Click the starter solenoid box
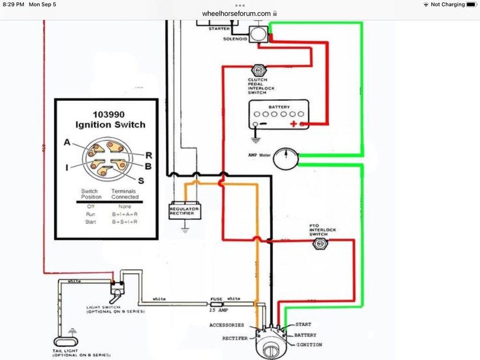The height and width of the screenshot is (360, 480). [x=258, y=34]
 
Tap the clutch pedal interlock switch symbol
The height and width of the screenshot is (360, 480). [x=258, y=71]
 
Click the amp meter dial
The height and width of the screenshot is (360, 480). [x=285, y=158]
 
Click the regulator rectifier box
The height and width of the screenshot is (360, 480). [x=185, y=211]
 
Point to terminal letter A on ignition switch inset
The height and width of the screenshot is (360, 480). [x=67, y=143]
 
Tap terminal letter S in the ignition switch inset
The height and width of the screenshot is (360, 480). [x=141, y=180]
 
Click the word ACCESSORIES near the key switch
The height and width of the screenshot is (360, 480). [x=227, y=325]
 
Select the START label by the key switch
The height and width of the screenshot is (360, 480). [x=304, y=324]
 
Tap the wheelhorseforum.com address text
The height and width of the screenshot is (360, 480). [x=236, y=14]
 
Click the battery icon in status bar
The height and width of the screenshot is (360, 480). [x=471, y=4]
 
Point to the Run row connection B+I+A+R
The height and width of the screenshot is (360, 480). [x=124, y=214]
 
